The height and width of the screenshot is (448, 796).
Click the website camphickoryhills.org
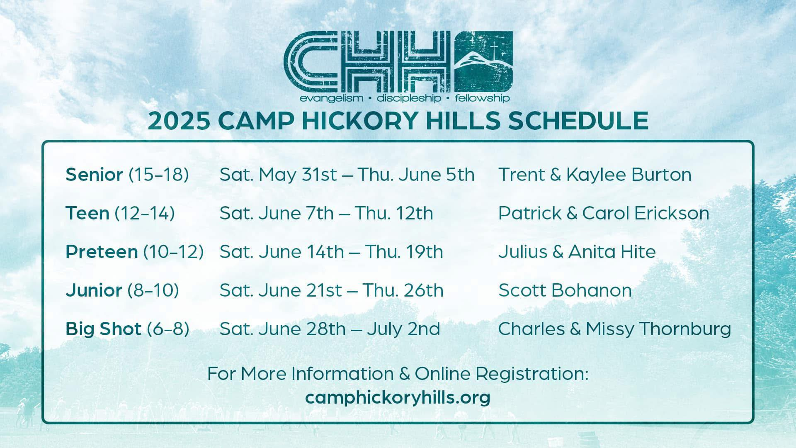pos(398,397)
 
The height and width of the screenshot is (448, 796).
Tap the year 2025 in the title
pos(179,121)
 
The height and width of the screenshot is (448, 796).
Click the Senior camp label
pos(94,175)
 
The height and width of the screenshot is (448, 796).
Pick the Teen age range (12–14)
pos(145,213)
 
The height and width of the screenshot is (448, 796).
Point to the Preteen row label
pos(102,252)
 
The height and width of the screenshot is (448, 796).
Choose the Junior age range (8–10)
pos(153,290)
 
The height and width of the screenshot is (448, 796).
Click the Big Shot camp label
pos(103,329)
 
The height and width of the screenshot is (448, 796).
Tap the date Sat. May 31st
pos(278,175)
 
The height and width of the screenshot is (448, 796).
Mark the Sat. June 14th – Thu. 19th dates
pos(331,252)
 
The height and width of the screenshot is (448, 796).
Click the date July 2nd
pos(403,329)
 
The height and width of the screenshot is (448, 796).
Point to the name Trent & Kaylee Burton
pos(595,175)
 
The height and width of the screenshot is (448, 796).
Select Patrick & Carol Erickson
pos(604,213)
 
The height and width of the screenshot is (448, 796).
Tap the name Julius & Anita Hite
pos(577,252)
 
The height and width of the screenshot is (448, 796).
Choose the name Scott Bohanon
pos(565,290)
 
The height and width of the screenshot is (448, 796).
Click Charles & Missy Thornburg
pos(614,329)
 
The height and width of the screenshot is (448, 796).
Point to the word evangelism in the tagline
pos(331,99)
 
